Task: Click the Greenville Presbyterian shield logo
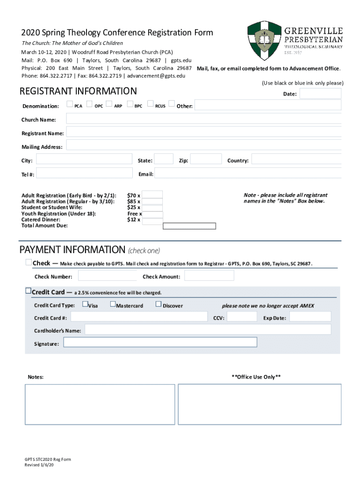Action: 264,40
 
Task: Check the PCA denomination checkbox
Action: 70,104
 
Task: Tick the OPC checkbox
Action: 89,104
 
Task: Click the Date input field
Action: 320,94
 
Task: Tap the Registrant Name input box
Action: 203,133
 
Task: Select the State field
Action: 164,160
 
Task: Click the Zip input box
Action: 206,160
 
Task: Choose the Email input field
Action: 247,174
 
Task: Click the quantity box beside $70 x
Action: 152,195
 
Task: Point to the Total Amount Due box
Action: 189,226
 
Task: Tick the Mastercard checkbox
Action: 113,305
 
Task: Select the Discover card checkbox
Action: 158,305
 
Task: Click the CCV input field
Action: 241,317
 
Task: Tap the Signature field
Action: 160,342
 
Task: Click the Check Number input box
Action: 107,276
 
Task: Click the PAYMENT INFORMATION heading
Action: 72,249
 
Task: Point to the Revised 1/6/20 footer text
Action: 42,465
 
